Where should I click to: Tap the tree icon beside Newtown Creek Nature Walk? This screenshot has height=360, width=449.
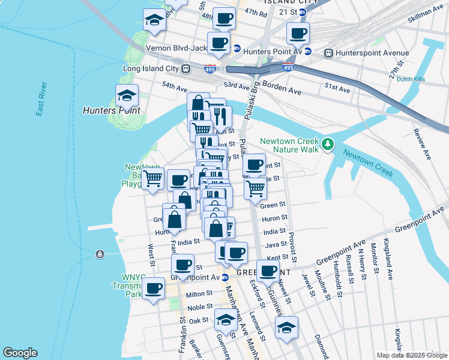click(x=327, y=144)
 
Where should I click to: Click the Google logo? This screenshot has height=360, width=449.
click(x=20, y=353)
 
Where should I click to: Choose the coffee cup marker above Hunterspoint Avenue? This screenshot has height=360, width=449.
click(x=297, y=34)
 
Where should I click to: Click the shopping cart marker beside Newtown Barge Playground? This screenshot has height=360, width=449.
click(x=153, y=178)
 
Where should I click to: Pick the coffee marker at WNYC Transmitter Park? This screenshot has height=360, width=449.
click(x=154, y=289)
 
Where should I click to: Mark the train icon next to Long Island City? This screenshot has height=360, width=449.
click(x=186, y=68)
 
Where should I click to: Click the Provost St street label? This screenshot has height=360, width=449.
click(x=292, y=246)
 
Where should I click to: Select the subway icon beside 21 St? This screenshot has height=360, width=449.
click(x=303, y=12)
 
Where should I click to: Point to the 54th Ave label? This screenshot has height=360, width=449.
click(x=175, y=88)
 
